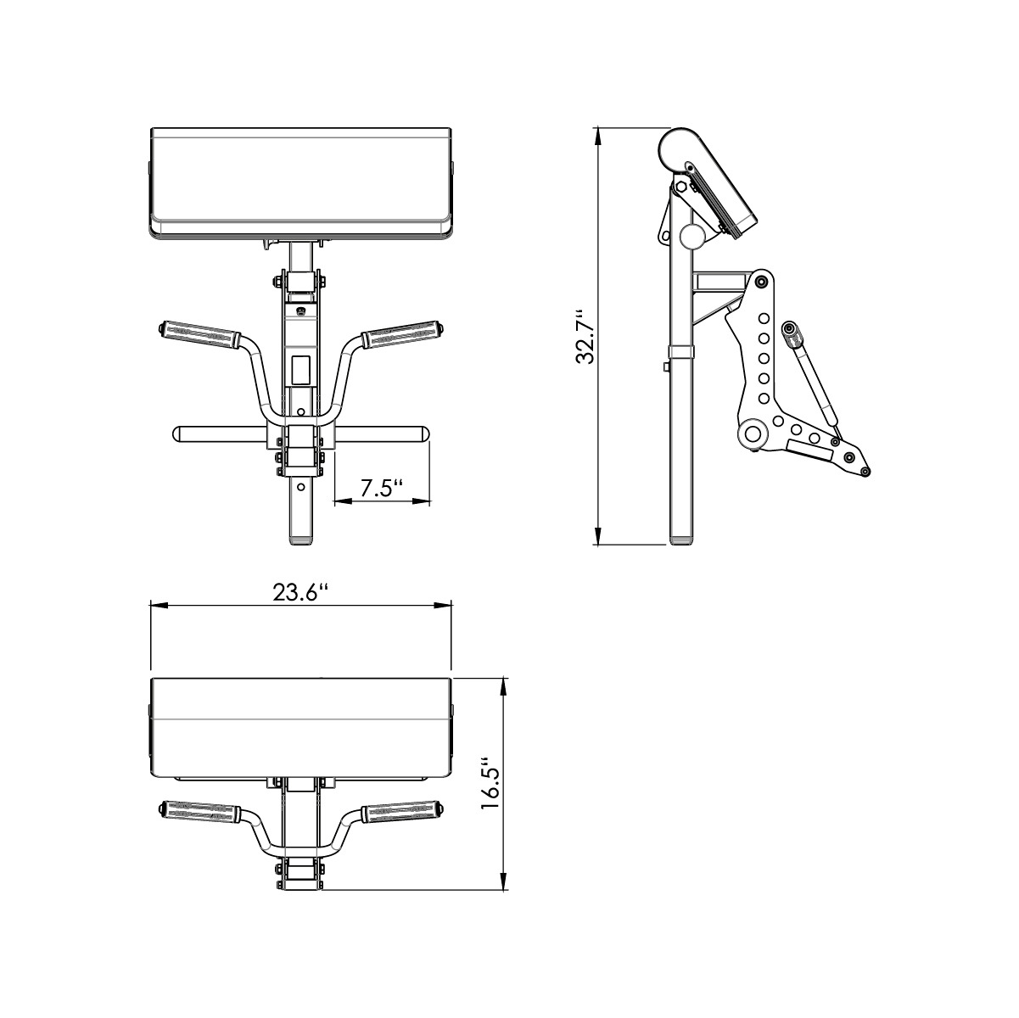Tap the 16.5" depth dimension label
(x=490, y=783)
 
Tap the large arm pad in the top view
(x=300, y=725)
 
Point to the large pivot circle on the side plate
(x=752, y=435)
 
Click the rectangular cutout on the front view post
(x=300, y=368)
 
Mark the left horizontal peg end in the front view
(x=179, y=434)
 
